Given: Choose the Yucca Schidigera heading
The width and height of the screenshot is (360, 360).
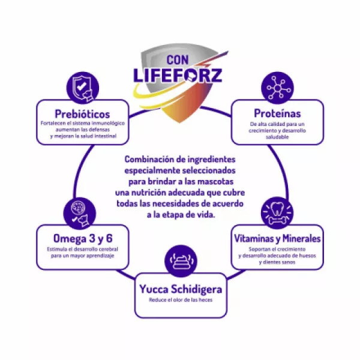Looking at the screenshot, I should [x=179, y=287].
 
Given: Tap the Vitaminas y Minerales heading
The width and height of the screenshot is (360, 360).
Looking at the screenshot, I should [x=277, y=238].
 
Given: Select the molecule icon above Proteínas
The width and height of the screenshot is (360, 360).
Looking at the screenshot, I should [x=277, y=88].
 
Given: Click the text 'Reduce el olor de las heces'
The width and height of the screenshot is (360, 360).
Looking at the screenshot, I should [x=179, y=299].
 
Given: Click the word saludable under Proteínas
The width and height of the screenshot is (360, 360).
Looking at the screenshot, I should [x=277, y=137].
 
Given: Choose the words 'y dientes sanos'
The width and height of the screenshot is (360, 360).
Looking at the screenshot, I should [x=277, y=263].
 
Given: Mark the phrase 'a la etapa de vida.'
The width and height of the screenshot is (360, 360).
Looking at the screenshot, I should [x=179, y=214].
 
